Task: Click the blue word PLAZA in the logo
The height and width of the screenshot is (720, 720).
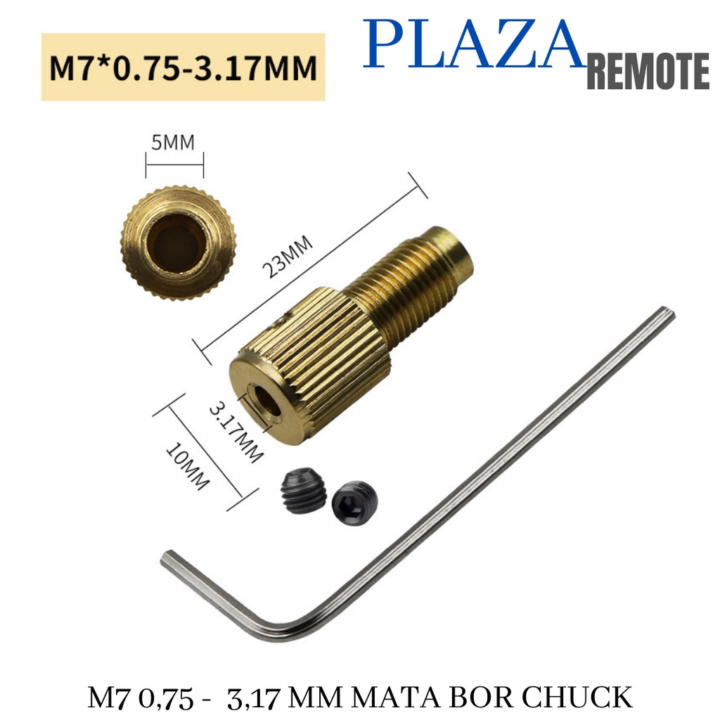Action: click(x=473, y=44)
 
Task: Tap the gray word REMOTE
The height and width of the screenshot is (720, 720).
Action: click(x=648, y=71)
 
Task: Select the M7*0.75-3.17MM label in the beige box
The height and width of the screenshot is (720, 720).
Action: click(x=184, y=67)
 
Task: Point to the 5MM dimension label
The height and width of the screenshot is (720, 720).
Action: click(x=173, y=142)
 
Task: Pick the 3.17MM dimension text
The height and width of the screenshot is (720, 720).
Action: click(x=236, y=433)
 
